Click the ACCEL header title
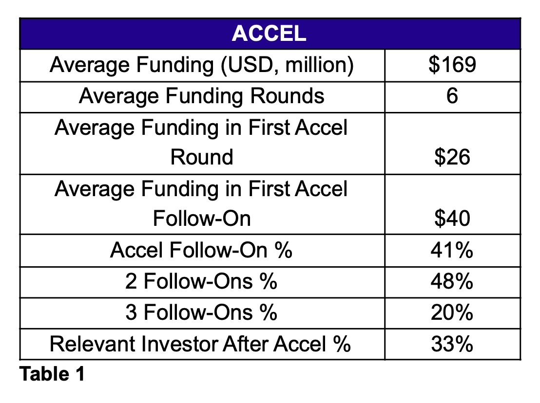[269, 34]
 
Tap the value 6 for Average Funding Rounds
[452, 95]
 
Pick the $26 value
[452, 157]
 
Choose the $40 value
[452, 218]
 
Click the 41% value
[452, 250]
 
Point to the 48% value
[452, 281]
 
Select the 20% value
[452, 312]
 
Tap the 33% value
[452, 344]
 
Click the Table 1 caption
[52, 374]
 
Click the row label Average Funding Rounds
[201, 96]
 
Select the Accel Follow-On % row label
[201, 250]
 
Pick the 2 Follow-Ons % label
[201, 281]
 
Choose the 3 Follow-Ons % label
[201, 312]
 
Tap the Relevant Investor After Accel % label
[200, 344]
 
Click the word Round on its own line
[202, 157]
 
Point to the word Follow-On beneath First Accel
[202, 219]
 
